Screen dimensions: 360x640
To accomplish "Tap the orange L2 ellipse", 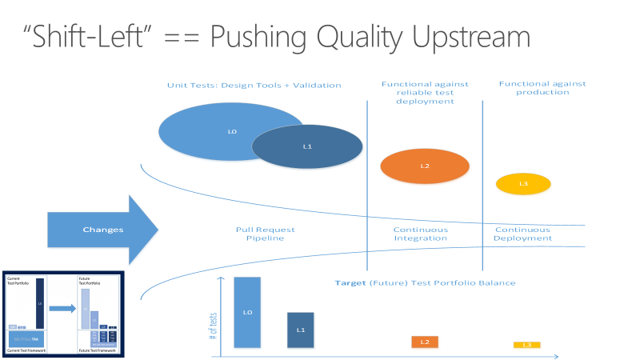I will coord(424,166).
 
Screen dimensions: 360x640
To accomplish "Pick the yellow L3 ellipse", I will coord(523,184).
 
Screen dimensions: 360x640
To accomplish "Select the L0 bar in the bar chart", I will coord(247,312).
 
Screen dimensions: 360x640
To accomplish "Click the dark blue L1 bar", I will coord(301,330).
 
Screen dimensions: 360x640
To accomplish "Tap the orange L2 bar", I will coord(424,342).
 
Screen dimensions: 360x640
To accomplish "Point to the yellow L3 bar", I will coord(526,345).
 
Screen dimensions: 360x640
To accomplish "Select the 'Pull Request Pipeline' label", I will coord(260,234).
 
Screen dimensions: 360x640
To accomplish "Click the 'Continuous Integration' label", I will coord(421,234).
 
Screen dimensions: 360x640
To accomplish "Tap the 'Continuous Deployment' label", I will coord(522,234).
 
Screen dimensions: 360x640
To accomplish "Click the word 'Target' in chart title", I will coord(350,283).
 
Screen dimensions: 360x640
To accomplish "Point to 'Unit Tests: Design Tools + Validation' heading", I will coord(254,85).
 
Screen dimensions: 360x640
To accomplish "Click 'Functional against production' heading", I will coord(542,88).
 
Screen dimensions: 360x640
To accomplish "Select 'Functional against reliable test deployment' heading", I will coord(425,92).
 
